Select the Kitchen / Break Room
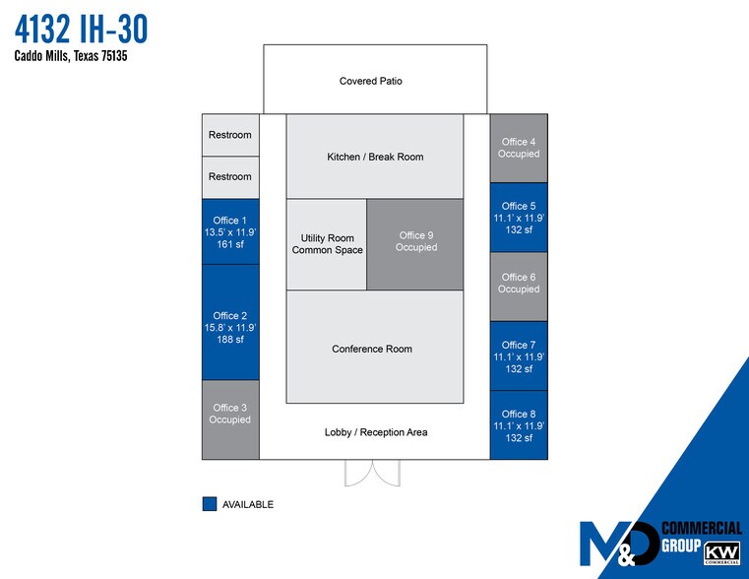[375, 157]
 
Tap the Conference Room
[375, 348]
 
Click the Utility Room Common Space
[327, 244]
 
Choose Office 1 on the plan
[230, 233]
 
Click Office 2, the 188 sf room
[230, 321]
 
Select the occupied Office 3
[230, 419]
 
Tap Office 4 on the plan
[519, 148]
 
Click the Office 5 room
[519, 218]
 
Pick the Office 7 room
[519, 356]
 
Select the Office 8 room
[519, 425]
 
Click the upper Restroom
[230, 135]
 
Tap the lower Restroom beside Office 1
[230, 177]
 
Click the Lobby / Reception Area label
[376, 432]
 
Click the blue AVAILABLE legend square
[209, 504]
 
